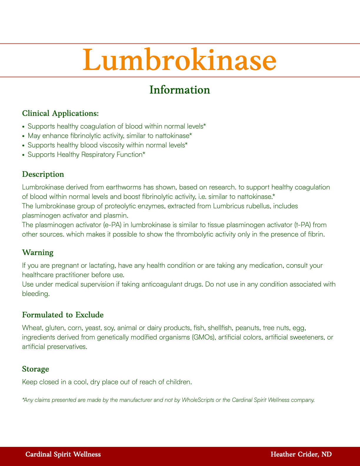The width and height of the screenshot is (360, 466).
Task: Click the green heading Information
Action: point(180,90)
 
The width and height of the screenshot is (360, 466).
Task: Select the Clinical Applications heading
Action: point(60,113)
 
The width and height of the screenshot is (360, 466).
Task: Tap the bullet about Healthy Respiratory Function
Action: point(86,154)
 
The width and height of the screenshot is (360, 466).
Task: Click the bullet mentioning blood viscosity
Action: point(107,145)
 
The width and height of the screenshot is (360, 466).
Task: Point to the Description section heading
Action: point(43,174)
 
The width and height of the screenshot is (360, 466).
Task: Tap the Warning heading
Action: point(38,252)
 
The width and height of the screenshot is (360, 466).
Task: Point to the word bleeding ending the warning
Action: point(35,294)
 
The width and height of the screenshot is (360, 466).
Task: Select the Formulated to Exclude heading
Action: point(63,315)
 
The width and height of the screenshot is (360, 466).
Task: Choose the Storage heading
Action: point(35,369)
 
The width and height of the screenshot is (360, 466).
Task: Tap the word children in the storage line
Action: point(179,382)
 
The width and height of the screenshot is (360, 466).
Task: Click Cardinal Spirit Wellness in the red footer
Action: point(63,455)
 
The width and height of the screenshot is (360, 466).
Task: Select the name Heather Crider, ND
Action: point(301,455)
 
